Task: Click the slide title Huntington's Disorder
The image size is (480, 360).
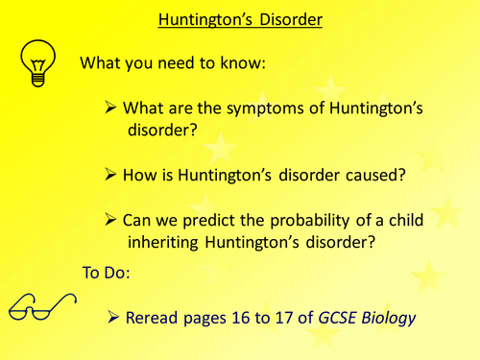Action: [x=240, y=19]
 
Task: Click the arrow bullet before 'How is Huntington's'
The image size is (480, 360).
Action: [x=111, y=176]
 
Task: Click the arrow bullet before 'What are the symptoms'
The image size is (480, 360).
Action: [x=111, y=107]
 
